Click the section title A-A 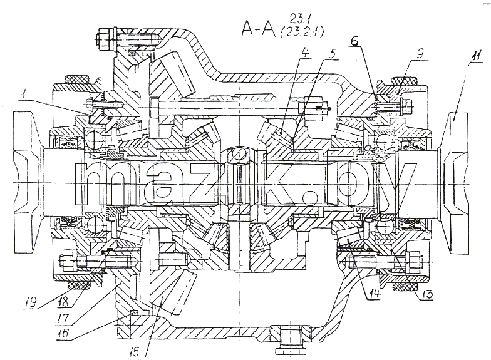[x=258, y=29]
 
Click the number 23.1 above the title [x=298, y=19]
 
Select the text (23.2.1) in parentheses [x=301, y=31]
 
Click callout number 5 [x=333, y=53]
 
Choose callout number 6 [x=354, y=41]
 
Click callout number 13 [x=427, y=294]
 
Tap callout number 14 [x=375, y=293]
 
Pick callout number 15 [x=135, y=352]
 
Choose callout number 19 [x=31, y=302]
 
